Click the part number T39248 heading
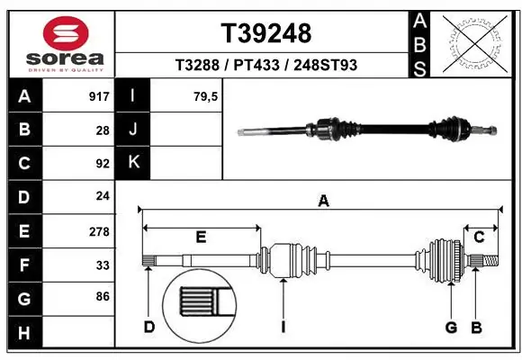coord(265,33)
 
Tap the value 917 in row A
coord(98,96)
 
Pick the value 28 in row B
coord(102,130)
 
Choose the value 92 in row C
coord(102,164)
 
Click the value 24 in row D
coord(102,196)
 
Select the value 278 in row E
coord(98,231)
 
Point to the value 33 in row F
coord(102,265)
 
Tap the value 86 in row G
coord(102,295)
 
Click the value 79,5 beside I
coord(205,96)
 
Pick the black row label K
coord(133,163)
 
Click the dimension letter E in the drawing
coord(201,237)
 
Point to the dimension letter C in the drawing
coord(479,237)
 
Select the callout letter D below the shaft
coord(149,327)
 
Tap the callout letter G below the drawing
coord(451,327)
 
